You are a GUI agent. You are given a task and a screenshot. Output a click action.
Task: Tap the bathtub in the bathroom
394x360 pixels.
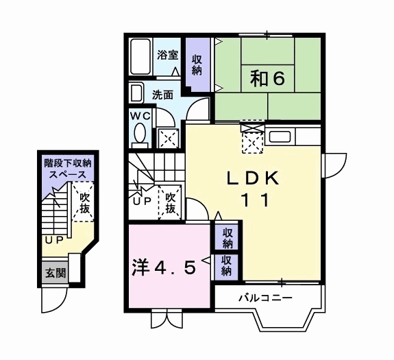141,58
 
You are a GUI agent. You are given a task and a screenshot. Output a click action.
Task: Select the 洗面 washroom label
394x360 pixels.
162,95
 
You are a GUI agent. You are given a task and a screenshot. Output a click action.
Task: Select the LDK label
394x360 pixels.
253,178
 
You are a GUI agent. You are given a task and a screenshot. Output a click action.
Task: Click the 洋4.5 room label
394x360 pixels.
164,266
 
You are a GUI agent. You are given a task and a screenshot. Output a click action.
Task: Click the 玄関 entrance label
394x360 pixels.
56,273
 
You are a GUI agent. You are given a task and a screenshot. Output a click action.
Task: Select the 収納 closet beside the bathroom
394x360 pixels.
197,64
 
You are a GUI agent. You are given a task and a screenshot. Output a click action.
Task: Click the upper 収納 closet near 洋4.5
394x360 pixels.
227,237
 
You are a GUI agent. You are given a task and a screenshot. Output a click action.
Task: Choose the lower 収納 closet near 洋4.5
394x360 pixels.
227,265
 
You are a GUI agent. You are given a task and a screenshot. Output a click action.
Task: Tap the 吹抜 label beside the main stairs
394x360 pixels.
171,202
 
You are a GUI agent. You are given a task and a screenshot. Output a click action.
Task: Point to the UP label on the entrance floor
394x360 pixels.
53,241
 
